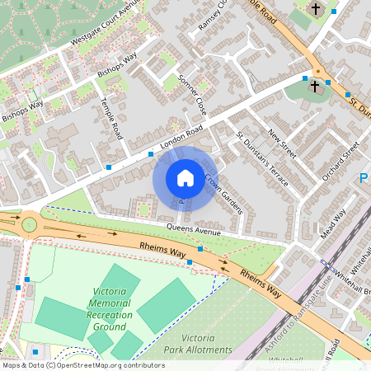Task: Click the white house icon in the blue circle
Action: (x=185, y=178)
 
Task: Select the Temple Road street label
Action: (x=110, y=119)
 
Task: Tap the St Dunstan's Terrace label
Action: (x=261, y=157)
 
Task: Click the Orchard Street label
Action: (x=341, y=161)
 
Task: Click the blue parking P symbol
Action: (x=364, y=178)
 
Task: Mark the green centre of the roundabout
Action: (x=30, y=223)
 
